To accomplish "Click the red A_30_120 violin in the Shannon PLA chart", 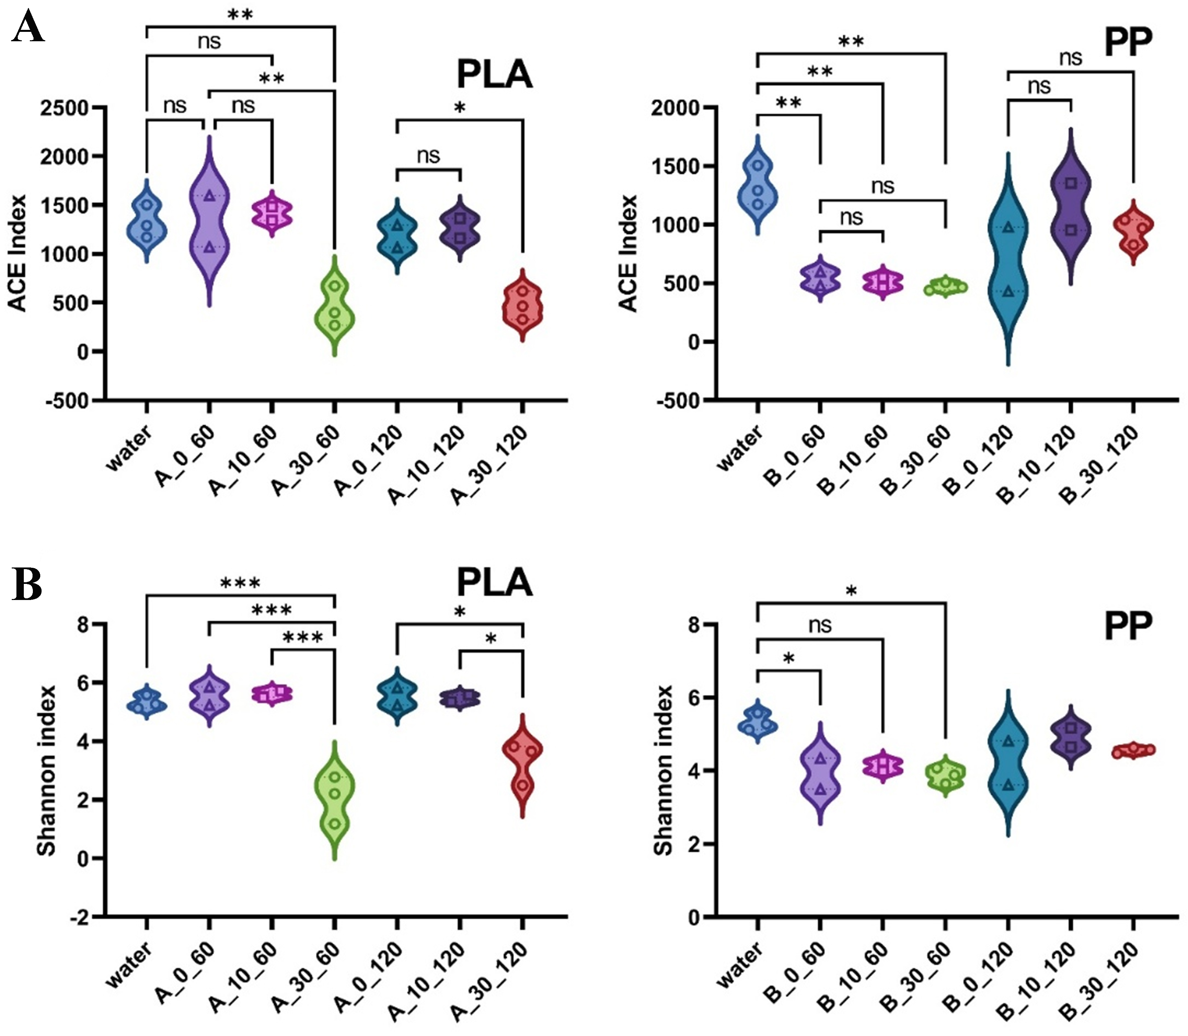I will [x=523, y=763].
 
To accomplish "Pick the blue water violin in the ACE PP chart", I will [x=757, y=185].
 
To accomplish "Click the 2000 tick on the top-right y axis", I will [x=674, y=108].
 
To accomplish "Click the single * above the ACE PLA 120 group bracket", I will [x=460, y=108].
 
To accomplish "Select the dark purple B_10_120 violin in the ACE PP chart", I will [x=1071, y=205].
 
